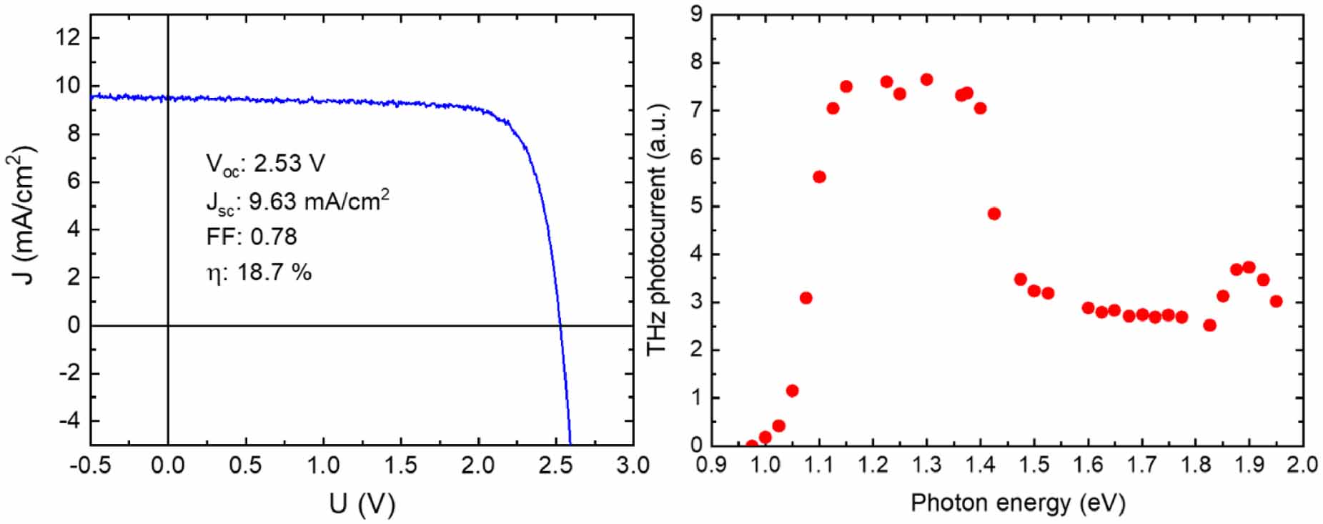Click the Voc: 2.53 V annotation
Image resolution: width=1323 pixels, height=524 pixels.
pos(265,164)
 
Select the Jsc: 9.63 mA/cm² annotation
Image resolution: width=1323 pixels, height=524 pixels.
pos(297,201)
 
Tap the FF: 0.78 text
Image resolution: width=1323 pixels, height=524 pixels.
pos(251,237)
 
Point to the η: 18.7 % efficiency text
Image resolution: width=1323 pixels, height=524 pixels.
pos(259,272)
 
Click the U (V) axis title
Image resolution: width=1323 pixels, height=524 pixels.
pos(362,504)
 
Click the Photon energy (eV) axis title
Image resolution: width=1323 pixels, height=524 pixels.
pos(1017,503)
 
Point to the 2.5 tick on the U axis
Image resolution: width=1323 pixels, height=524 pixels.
pos(555,465)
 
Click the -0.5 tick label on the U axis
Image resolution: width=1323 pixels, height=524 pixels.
pos(91,465)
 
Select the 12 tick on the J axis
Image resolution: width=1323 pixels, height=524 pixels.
pos(69,38)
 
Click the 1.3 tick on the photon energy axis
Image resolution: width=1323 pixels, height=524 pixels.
pos(926,465)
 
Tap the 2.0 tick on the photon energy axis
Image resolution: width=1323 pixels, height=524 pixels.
pos(1302,465)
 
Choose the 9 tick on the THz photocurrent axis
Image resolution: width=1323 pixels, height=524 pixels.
pos(696,15)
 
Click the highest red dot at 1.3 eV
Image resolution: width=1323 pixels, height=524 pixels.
pos(926,79)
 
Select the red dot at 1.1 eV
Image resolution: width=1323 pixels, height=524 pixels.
pos(819,177)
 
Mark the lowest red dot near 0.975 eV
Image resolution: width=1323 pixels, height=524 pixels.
pos(752,444)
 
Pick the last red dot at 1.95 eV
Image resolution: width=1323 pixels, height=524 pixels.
pos(1276,301)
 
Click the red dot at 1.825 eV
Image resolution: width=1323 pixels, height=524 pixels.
pos(1209,325)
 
